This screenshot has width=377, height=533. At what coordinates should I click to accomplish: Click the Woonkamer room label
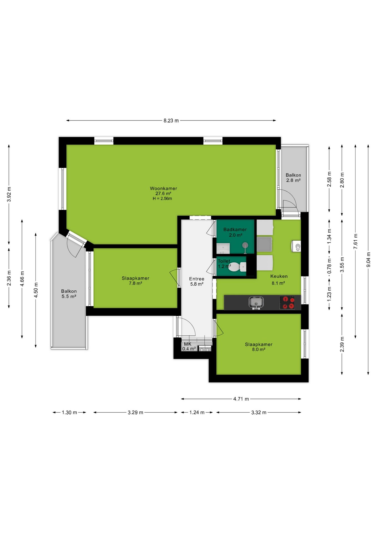click(163, 188)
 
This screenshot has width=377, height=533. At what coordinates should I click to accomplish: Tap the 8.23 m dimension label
click(171, 121)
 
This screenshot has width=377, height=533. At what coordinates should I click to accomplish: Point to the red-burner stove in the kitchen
click(287, 303)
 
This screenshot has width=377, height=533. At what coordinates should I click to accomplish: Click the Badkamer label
click(235, 230)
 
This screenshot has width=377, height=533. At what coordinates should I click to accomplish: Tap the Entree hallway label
click(197, 279)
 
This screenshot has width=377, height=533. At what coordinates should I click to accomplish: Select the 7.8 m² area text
click(135, 283)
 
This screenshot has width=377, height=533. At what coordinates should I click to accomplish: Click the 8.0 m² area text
click(258, 350)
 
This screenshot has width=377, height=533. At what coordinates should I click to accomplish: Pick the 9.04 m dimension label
click(368, 260)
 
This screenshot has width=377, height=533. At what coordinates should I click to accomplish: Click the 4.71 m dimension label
click(241, 399)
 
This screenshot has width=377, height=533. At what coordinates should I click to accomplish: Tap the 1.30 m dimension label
click(69, 413)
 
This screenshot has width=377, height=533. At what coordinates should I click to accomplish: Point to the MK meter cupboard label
click(188, 344)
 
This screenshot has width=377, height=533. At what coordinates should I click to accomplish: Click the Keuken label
click(279, 276)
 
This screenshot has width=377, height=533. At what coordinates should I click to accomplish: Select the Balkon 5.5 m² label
click(69, 294)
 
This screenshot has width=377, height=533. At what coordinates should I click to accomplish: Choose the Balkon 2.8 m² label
click(293, 178)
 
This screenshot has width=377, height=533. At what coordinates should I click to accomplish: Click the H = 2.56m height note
click(162, 198)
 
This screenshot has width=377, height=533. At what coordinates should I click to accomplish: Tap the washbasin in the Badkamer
click(223, 248)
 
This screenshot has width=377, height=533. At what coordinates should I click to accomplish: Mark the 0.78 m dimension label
click(330, 266)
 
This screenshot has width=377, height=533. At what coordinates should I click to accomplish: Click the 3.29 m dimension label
click(135, 413)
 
